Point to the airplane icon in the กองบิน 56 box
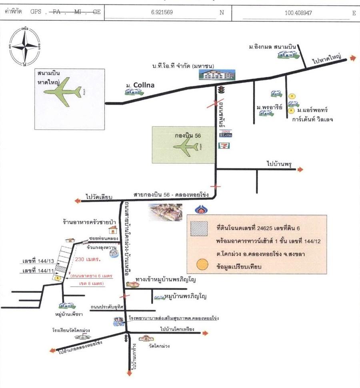click(185, 146)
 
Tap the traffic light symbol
click(220, 90)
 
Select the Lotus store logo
click(225, 134)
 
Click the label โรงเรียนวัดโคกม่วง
click(70, 330)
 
